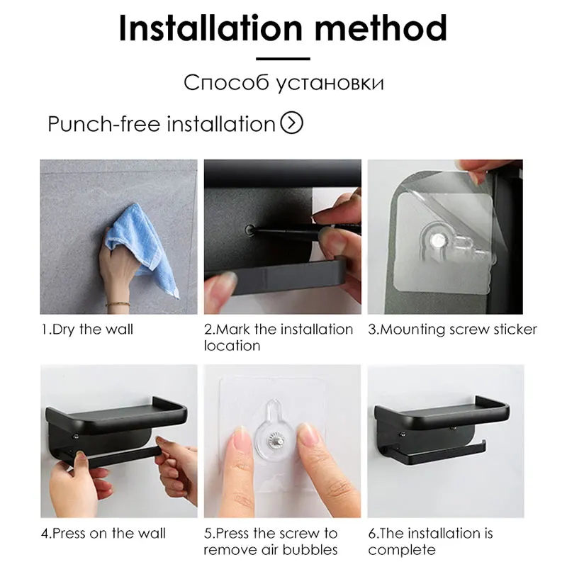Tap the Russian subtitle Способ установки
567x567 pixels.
[x=283, y=83]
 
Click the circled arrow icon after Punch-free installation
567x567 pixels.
[x=292, y=123]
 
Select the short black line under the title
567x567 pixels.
[x=283, y=59]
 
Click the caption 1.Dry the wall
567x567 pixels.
[x=87, y=330]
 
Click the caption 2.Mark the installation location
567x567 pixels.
[x=278, y=337]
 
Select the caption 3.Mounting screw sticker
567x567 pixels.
[x=452, y=330]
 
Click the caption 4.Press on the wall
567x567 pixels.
[x=103, y=533]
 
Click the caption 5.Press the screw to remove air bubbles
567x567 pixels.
[x=271, y=541]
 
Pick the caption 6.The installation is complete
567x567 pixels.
[x=430, y=541]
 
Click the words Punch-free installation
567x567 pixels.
[x=161, y=124]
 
